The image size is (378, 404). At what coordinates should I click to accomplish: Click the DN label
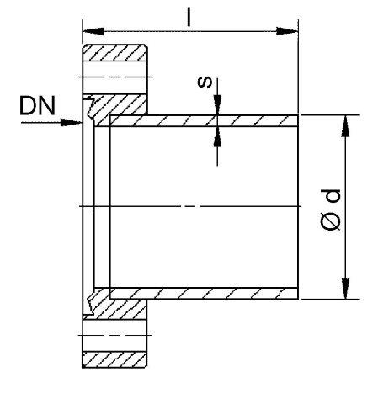pyautogui.click(x=38, y=106)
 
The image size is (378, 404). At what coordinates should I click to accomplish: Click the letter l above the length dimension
pyautogui.click(x=189, y=17)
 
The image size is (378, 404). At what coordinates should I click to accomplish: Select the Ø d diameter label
pyautogui.click(x=330, y=210)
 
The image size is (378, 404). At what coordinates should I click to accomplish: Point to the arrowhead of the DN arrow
pyautogui.click(x=72, y=122)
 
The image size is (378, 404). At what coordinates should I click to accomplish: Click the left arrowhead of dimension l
pyautogui.click(x=93, y=31)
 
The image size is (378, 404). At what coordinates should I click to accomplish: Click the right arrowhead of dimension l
pyautogui.click(x=287, y=31)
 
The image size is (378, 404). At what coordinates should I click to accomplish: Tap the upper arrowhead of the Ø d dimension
pyautogui.click(x=346, y=126)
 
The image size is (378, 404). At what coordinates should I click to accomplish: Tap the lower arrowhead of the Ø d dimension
pyautogui.click(x=346, y=288)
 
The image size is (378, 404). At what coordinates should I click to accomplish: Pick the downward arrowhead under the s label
pyautogui.click(x=217, y=105)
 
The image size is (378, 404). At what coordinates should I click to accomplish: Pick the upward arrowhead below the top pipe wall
pyautogui.click(x=217, y=136)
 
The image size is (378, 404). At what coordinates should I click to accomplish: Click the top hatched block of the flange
pyautogui.click(x=115, y=52)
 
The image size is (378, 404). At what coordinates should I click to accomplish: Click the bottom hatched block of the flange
pyautogui.click(x=114, y=359)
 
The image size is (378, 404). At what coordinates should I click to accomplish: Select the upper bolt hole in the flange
pyautogui.click(x=115, y=77)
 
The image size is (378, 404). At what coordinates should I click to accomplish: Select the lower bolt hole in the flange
pyautogui.click(x=114, y=335)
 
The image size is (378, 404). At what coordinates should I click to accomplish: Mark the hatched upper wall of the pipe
pyautogui.click(x=204, y=121)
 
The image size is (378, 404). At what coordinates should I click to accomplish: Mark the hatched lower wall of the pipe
pyautogui.click(x=204, y=293)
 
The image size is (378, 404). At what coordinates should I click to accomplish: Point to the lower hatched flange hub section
pyautogui.click(x=118, y=304)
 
